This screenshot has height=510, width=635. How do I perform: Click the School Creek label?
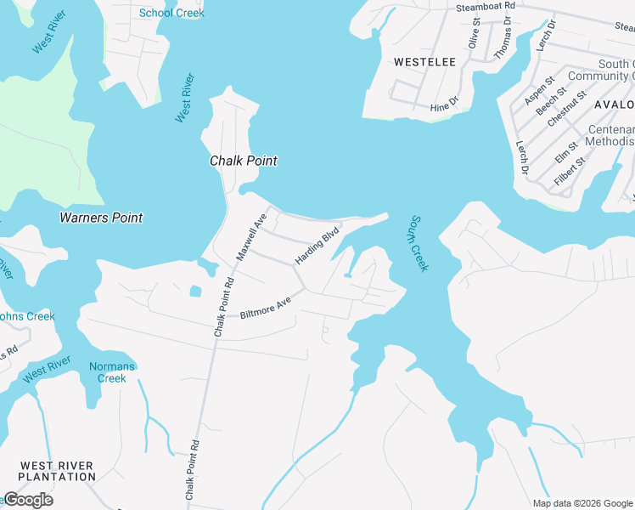click(x=171, y=13)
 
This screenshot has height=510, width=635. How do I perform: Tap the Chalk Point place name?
click(x=244, y=161)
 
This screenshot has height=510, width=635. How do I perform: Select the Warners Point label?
click(x=101, y=218)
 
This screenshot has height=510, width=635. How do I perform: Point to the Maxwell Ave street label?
click(x=251, y=237)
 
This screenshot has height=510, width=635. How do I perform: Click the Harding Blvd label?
click(x=317, y=245)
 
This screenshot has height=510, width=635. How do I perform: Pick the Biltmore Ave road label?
click(x=266, y=308)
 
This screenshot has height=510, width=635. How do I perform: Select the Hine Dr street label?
click(x=444, y=105)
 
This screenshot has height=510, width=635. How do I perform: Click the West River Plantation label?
click(x=58, y=471)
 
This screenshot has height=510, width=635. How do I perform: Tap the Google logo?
click(x=28, y=500)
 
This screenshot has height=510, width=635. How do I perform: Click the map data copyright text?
click(x=582, y=503)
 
